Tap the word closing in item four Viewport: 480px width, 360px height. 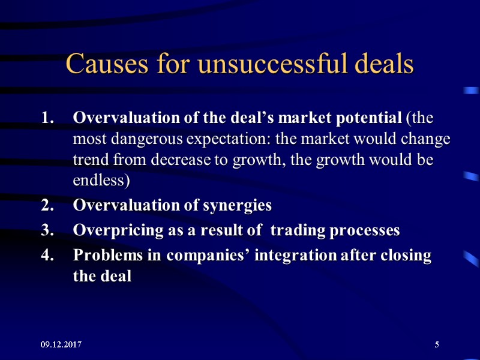click(408, 256)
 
